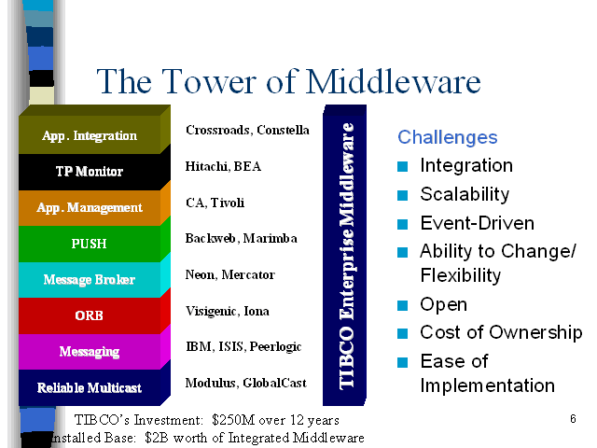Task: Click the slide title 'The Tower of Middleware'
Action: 288,82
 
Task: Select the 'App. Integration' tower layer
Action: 90,136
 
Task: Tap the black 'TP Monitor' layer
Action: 90,172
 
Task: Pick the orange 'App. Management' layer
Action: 90,207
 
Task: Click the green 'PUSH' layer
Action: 90,244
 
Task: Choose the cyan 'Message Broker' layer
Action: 90,280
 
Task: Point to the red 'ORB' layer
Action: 90,315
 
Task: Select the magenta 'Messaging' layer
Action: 90,352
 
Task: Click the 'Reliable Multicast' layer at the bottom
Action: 90,387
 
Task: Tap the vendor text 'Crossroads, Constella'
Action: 247,130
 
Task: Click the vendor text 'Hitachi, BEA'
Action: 224,166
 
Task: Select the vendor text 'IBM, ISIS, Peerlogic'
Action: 243,346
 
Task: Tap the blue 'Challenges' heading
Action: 448,137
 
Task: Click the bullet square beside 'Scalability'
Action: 403,195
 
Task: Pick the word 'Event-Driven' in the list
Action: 477,223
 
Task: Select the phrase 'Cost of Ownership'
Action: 501,332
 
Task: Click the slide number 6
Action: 573,419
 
